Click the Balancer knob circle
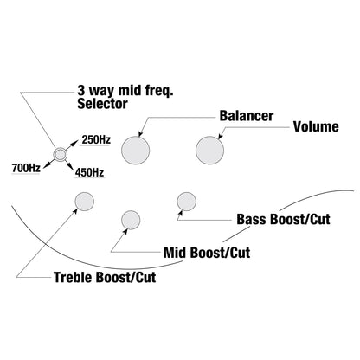click(x=136, y=151)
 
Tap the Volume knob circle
click(x=209, y=151)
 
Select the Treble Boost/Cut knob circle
click(x=85, y=202)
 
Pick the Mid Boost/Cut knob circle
click(x=131, y=220)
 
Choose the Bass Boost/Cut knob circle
click(x=187, y=202)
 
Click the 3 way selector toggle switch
click(x=61, y=155)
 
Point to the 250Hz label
click(x=96, y=139)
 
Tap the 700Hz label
click(x=26, y=168)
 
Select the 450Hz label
click(x=89, y=172)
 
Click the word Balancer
click(x=247, y=116)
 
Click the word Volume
click(x=316, y=126)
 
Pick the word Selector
click(x=102, y=104)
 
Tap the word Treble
click(x=74, y=277)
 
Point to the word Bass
click(x=252, y=219)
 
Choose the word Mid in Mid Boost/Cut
click(x=175, y=253)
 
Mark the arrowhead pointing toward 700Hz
click(x=46, y=164)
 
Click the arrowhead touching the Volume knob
click(x=220, y=137)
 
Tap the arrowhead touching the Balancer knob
click(x=140, y=133)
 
